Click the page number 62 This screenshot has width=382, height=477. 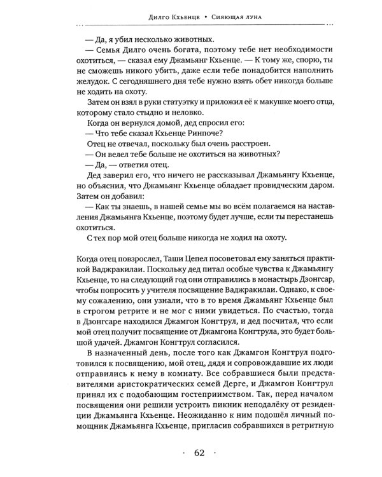click(198, 453)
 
